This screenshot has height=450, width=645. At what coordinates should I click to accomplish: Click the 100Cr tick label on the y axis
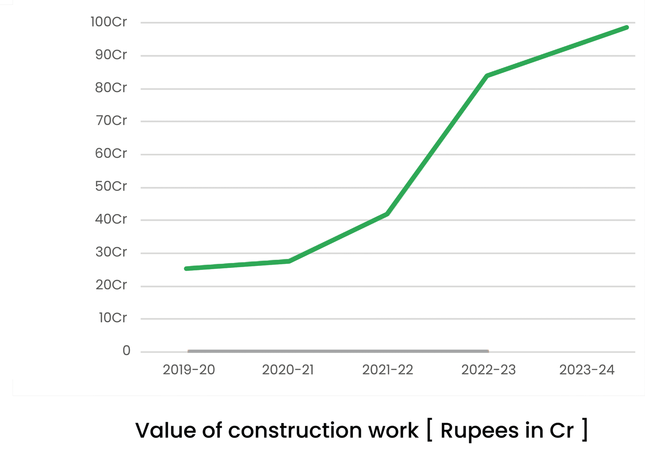coord(108,22)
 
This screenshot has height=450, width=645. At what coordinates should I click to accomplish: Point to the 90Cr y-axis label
coord(111,55)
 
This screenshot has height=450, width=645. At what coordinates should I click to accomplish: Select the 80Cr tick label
coord(111,88)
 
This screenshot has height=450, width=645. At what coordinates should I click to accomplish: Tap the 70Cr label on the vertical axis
coord(111,121)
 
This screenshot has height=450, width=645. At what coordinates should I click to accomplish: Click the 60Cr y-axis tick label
coord(111,153)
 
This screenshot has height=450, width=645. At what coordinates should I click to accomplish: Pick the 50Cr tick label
coord(111,186)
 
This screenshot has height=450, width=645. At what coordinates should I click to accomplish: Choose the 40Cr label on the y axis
coord(111,219)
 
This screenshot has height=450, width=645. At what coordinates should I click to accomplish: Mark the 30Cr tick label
coord(111,252)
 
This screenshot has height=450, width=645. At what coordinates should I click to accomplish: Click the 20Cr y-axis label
coord(111,285)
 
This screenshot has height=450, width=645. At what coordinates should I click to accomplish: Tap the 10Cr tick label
coord(112,318)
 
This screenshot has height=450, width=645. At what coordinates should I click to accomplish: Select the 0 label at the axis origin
coord(127,351)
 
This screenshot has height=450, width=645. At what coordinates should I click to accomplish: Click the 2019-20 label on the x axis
coord(189,370)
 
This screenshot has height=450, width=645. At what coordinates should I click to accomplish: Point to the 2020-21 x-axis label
coord(288,370)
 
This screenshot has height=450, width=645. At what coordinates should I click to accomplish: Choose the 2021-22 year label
coord(387,370)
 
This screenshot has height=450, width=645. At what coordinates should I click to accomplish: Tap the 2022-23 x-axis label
coord(488,370)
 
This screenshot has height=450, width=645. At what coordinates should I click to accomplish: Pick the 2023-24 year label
coord(587,370)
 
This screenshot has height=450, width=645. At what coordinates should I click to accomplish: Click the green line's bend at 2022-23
coord(487,76)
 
